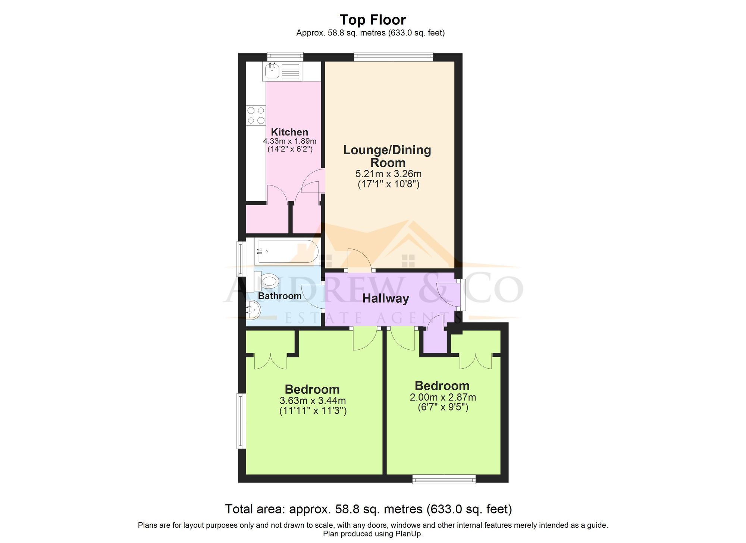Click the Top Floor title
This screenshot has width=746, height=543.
[373, 20]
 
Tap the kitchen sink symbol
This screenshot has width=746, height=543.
[273, 71]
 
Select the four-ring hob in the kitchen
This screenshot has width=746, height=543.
[256, 115]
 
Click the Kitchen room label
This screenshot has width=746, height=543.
[289, 132]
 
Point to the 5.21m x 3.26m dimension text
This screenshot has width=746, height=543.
[388, 174]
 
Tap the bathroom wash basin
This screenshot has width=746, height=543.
[254, 310]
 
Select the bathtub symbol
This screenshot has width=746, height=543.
[287, 252]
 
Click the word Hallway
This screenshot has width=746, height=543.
[386, 299]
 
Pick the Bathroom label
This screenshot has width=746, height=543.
[280, 296]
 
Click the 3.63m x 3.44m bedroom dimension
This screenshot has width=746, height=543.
[313, 401]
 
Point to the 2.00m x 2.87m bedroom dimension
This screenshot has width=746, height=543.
[443, 397]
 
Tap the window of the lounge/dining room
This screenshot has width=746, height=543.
[393, 57]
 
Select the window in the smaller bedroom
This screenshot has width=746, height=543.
[444, 479]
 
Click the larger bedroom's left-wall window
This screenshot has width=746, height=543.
[242, 421]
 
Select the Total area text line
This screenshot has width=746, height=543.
[368, 509]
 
